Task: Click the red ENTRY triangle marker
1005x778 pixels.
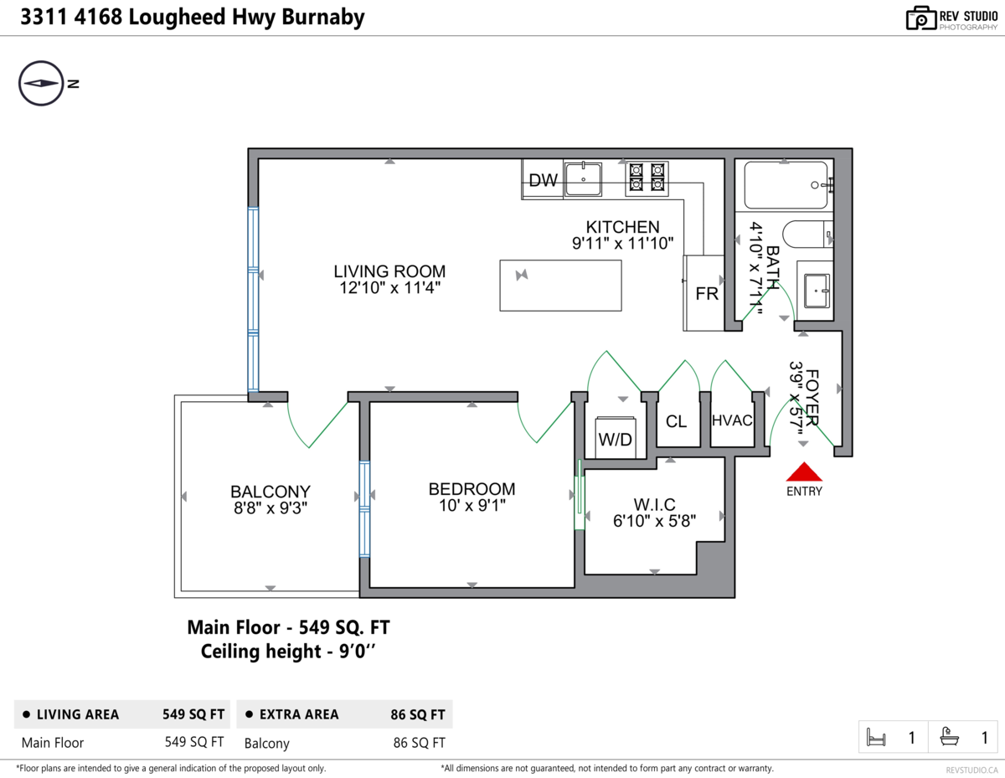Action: point(804,471)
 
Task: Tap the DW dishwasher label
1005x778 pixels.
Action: point(543,180)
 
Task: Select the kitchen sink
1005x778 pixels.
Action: point(583,179)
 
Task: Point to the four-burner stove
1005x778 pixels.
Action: point(647,178)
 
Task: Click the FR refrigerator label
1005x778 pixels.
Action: point(707,294)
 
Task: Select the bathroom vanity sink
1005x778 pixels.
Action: point(817,291)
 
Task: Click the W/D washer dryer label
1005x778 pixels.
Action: point(615,440)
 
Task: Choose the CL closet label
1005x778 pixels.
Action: point(676,421)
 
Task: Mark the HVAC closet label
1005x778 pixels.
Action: point(732,420)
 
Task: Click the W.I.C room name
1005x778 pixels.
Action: point(654,504)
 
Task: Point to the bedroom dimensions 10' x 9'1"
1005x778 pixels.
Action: point(472,506)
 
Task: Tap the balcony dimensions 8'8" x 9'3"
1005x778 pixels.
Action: point(271,508)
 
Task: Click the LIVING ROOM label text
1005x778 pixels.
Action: point(389,271)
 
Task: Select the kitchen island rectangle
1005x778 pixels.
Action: point(560,286)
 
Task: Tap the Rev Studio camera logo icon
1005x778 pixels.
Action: point(921,18)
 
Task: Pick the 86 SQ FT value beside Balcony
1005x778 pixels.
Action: point(419,743)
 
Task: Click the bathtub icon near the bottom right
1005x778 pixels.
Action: point(950,737)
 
